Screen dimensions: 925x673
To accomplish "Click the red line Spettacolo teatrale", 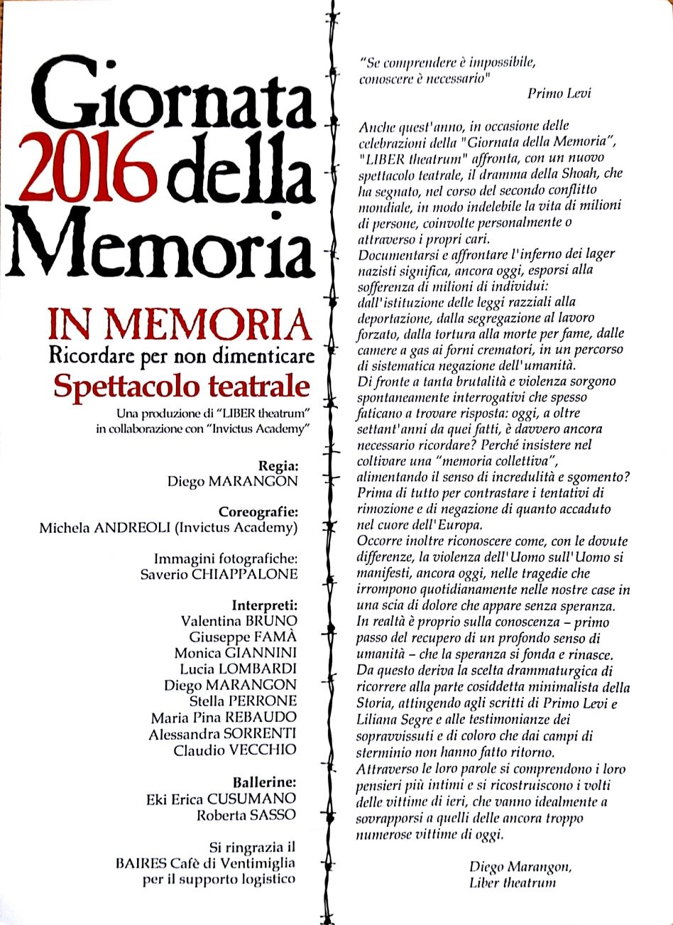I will (x=182, y=386).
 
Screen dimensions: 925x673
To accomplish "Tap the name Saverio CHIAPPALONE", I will (x=219, y=573).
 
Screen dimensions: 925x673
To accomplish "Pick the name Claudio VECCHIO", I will (x=235, y=749).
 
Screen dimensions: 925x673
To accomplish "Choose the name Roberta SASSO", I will (x=246, y=814).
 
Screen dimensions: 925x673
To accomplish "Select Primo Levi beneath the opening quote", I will (x=559, y=93).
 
